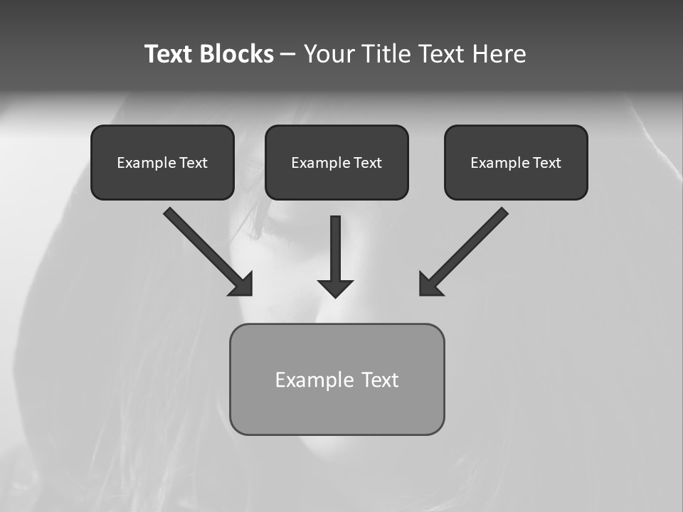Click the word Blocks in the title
[x=237, y=54]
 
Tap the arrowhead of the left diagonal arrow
[x=243, y=284]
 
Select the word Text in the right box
[x=546, y=163]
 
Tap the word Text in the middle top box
[x=367, y=163]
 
